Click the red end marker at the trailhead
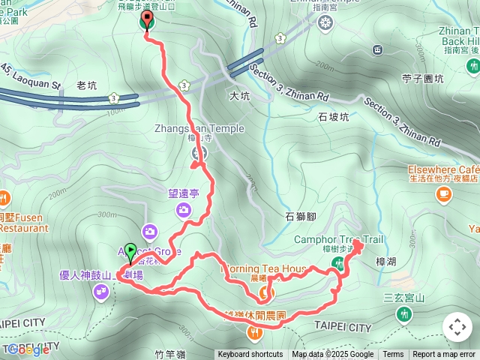tap(146, 20)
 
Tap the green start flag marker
tap(130, 252)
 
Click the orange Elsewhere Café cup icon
tap(443, 194)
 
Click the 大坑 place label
tap(239, 95)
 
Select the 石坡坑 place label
tap(334, 117)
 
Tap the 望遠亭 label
tap(183, 193)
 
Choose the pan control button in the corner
tap(457, 328)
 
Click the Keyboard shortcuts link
tap(250, 355)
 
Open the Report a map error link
tap(444, 355)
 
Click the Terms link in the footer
tap(393, 355)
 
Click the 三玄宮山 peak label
tap(404, 298)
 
